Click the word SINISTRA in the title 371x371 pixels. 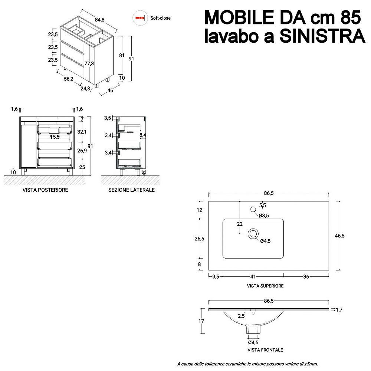pyautogui.click(x=322, y=36)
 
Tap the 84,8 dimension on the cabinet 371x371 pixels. pyautogui.click(x=99, y=20)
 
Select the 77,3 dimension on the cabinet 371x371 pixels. pyautogui.click(x=89, y=63)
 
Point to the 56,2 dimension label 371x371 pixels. pyautogui.click(x=69, y=79)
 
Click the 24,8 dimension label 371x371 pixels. pyautogui.click(x=85, y=89)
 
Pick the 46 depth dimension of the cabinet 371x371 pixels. pyautogui.click(x=110, y=91)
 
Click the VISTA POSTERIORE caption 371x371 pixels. pyautogui.click(x=45, y=190)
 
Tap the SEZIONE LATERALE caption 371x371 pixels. pyautogui.click(x=132, y=190)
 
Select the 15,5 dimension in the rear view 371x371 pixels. pyautogui.click(x=55, y=137)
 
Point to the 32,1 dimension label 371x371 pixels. pyautogui.click(x=82, y=132)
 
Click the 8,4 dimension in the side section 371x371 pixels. pyautogui.click(x=143, y=135)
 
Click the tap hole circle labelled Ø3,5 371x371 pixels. pyautogui.click(x=253, y=209)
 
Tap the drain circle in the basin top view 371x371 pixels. pyautogui.click(x=253, y=234)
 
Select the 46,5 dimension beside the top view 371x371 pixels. pyautogui.click(x=339, y=236)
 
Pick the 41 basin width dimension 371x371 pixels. pyautogui.click(x=253, y=277)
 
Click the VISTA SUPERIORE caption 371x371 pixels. pyautogui.click(x=265, y=286)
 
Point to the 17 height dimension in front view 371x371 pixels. pyautogui.click(x=201, y=321)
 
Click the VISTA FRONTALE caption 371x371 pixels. pyautogui.click(x=265, y=350)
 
